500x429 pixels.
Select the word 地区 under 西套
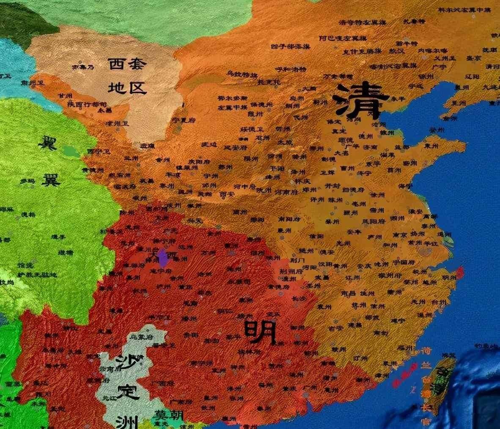pyautogui.click(x=126, y=88)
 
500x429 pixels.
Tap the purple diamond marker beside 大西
pyautogui.click(x=162, y=257)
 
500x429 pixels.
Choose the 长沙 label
pyautogui.click(x=299, y=298)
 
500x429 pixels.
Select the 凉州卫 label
pyautogui.click(x=117, y=123)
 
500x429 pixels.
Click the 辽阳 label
pyautogui.click(x=472, y=77)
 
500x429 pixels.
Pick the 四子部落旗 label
pyautogui.click(x=291, y=46)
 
